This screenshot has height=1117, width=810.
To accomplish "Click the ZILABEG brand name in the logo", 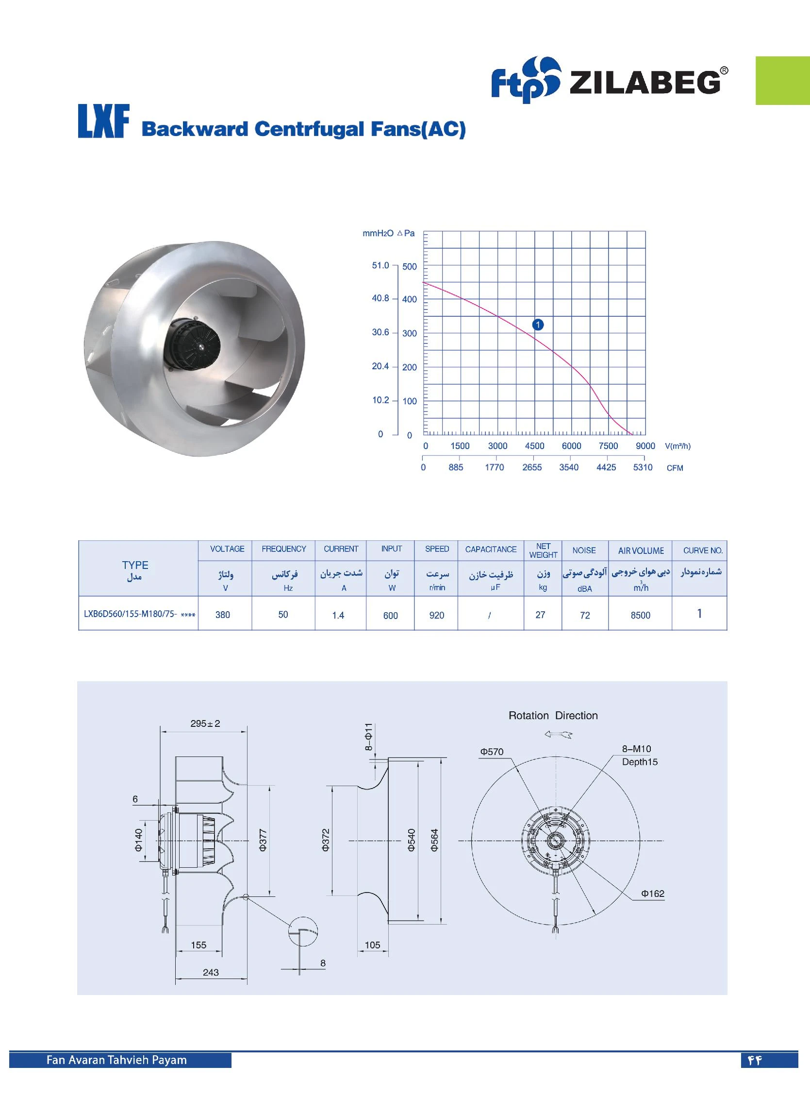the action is click(x=645, y=82).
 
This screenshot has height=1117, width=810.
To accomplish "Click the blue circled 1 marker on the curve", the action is click(x=538, y=325).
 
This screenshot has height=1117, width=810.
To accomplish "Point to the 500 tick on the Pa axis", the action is click(x=410, y=267).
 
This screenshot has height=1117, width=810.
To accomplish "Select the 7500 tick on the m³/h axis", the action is click(x=608, y=446).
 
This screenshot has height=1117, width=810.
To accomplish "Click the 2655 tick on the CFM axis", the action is click(x=532, y=467).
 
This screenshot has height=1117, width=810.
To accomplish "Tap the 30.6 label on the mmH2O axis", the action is click(x=380, y=332).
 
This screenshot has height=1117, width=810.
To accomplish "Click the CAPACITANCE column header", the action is click(x=491, y=549).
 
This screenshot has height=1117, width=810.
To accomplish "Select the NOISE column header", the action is click(x=584, y=550).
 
